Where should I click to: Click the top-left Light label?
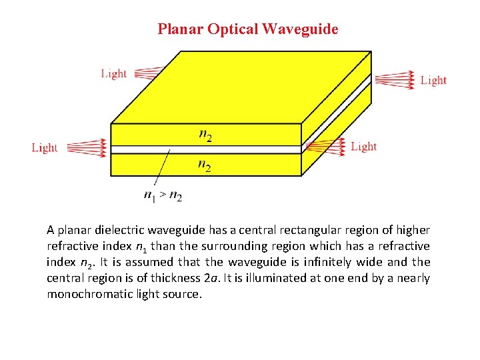click(114, 73)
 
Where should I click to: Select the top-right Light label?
click(433, 80)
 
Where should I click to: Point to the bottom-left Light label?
click(45, 147)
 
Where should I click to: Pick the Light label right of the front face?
click(363, 146)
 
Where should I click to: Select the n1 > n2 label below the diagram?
click(163, 195)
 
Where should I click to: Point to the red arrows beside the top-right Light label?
click(395, 79)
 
